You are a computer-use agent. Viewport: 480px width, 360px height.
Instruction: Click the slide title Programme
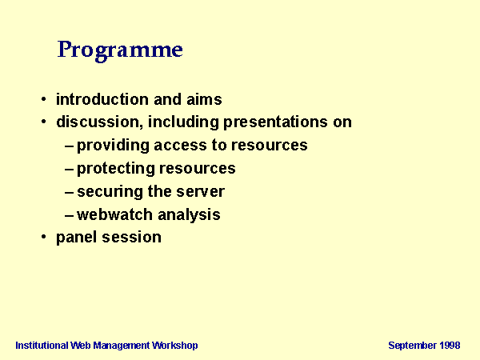coord(120,50)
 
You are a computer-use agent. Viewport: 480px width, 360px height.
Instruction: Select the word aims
coord(204,99)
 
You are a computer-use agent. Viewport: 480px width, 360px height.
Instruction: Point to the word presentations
coord(275,122)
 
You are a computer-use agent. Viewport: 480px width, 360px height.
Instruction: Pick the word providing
coord(113,146)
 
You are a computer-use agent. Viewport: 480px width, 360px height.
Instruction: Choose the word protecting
coord(115,169)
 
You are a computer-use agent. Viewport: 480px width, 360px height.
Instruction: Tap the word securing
coord(110,192)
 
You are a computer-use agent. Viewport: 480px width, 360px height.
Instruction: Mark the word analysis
coord(189,215)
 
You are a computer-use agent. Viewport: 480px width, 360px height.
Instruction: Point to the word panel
coord(77,238)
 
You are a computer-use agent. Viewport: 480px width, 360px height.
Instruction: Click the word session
coord(132,238)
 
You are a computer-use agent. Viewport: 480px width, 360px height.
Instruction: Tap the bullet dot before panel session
coord(44,237)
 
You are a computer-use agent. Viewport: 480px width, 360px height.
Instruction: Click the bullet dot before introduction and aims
coord(44,99)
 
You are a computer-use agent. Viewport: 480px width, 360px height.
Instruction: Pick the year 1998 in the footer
coord(450,346)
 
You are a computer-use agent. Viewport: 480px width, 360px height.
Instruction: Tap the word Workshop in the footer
coord(175,346)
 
